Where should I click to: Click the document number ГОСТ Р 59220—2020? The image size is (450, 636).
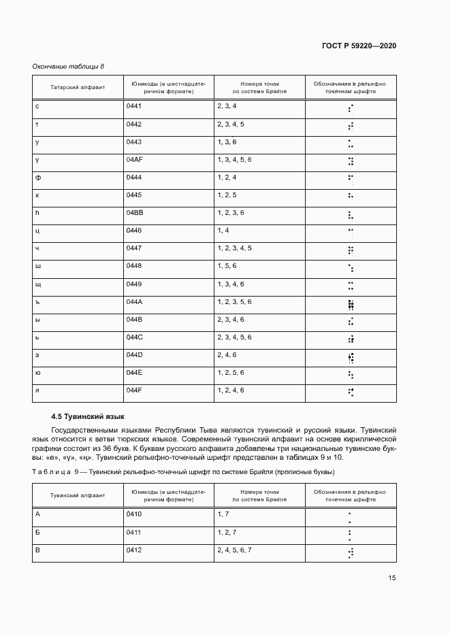point(359,46)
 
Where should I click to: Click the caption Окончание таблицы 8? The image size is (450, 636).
point(68,67)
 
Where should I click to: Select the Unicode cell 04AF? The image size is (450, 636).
point(134,160)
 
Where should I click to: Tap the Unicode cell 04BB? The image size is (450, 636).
point(134,213)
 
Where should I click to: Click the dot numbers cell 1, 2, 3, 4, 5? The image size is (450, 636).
point(235,248)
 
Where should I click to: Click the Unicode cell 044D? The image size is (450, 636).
point(134,354)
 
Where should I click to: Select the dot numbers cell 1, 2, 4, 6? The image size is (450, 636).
point(231,390)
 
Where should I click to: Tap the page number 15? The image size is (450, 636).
point(392,578)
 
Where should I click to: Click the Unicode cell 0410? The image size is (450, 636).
point(133,514)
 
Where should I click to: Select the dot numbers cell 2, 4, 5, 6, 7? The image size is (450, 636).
point(235,550)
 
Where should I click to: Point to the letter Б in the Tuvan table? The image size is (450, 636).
point(37,532)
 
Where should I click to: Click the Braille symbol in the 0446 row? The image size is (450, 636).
point(351,231)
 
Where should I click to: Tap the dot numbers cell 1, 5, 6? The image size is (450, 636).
point(227,266)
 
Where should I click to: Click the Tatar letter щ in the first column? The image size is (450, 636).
point(38,284)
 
